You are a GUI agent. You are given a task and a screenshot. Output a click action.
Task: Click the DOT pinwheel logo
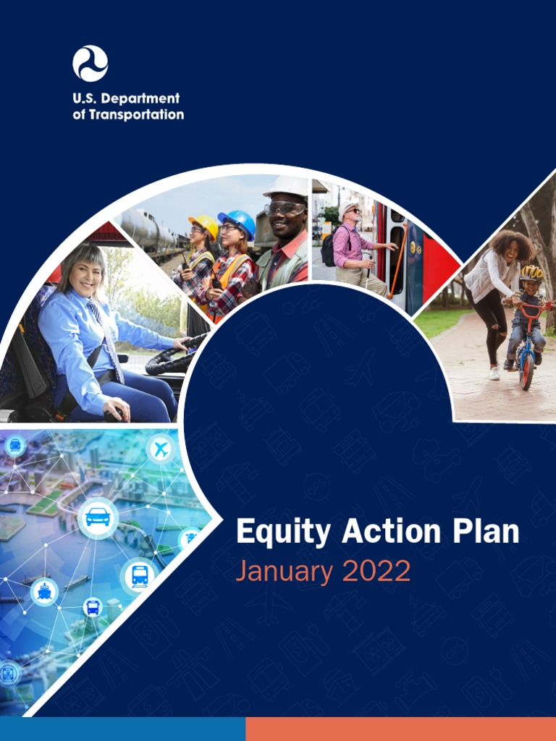[90, 63]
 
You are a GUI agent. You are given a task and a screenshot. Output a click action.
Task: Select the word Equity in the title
[284, 533]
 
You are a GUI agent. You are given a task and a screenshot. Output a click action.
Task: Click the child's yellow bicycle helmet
[531, 273]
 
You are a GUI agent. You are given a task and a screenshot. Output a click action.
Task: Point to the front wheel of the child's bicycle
[526, 370]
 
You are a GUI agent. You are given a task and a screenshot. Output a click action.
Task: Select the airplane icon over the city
[161, 449]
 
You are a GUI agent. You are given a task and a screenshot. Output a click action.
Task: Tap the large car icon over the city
[98, 517]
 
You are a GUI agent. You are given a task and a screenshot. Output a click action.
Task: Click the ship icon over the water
[44, 592]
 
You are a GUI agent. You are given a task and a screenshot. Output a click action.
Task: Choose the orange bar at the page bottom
[400, 729]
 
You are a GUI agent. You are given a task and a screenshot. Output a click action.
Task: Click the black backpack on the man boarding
[328, 250]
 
